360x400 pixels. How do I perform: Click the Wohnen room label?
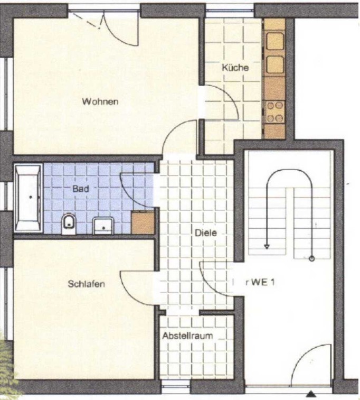click(100, 101)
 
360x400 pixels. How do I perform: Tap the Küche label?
click(235, 68)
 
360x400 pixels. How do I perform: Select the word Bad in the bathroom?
click(81, 189)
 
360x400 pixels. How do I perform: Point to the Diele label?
click(206, 232)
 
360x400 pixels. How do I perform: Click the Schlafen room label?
click(87, 284)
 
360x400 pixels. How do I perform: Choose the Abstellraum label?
click(187, 336)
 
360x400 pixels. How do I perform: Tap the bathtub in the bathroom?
click(28, 198)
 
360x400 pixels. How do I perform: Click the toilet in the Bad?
click(69, 224)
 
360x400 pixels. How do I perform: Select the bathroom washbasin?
click(103, 226)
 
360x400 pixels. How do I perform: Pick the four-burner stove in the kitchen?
click(274, 111)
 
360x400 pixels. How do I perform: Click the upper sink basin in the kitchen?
click(275, 41)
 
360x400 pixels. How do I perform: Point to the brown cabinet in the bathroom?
click(143, 222)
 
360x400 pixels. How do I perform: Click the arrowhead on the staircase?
click(267, 247)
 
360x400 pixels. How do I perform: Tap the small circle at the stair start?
click(311, 259)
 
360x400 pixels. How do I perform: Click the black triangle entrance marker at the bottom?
click(310, 394)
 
